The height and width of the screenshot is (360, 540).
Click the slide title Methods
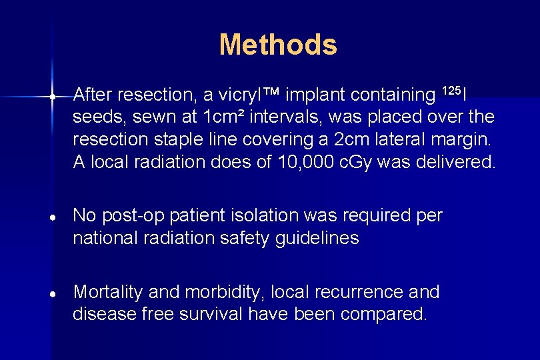(x=278, y=45)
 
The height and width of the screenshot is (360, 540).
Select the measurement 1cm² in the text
(x=226, y=117)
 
